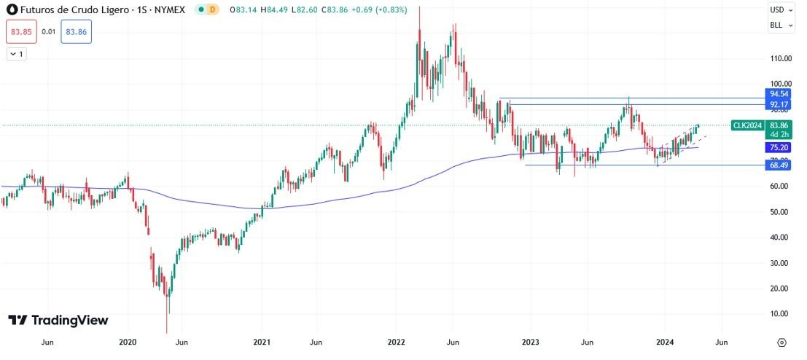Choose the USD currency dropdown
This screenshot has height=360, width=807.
(781, 10)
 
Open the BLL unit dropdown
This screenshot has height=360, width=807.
(781, 25)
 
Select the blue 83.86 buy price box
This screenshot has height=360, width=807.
(76, 31)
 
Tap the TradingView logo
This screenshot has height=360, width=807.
(58, 320)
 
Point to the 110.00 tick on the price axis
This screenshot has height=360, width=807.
(781, 58)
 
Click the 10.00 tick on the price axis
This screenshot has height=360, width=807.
(780, 314)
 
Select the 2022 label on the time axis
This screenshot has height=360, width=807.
(396, 342)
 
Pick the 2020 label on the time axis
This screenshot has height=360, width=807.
(128, 342)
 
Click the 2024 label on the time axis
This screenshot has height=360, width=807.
(665, 342)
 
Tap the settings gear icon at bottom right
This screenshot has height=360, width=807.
(781, 342)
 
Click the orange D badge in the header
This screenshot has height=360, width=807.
(212, 9)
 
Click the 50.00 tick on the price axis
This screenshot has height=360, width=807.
(780, 212)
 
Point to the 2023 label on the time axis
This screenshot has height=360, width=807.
(531, 342)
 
